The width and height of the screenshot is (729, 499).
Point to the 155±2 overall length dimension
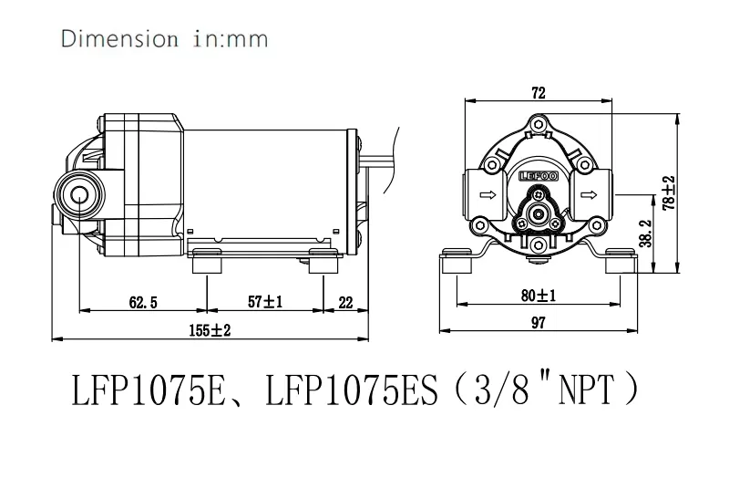point(209,331)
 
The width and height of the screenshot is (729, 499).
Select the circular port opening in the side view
point(77,192)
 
